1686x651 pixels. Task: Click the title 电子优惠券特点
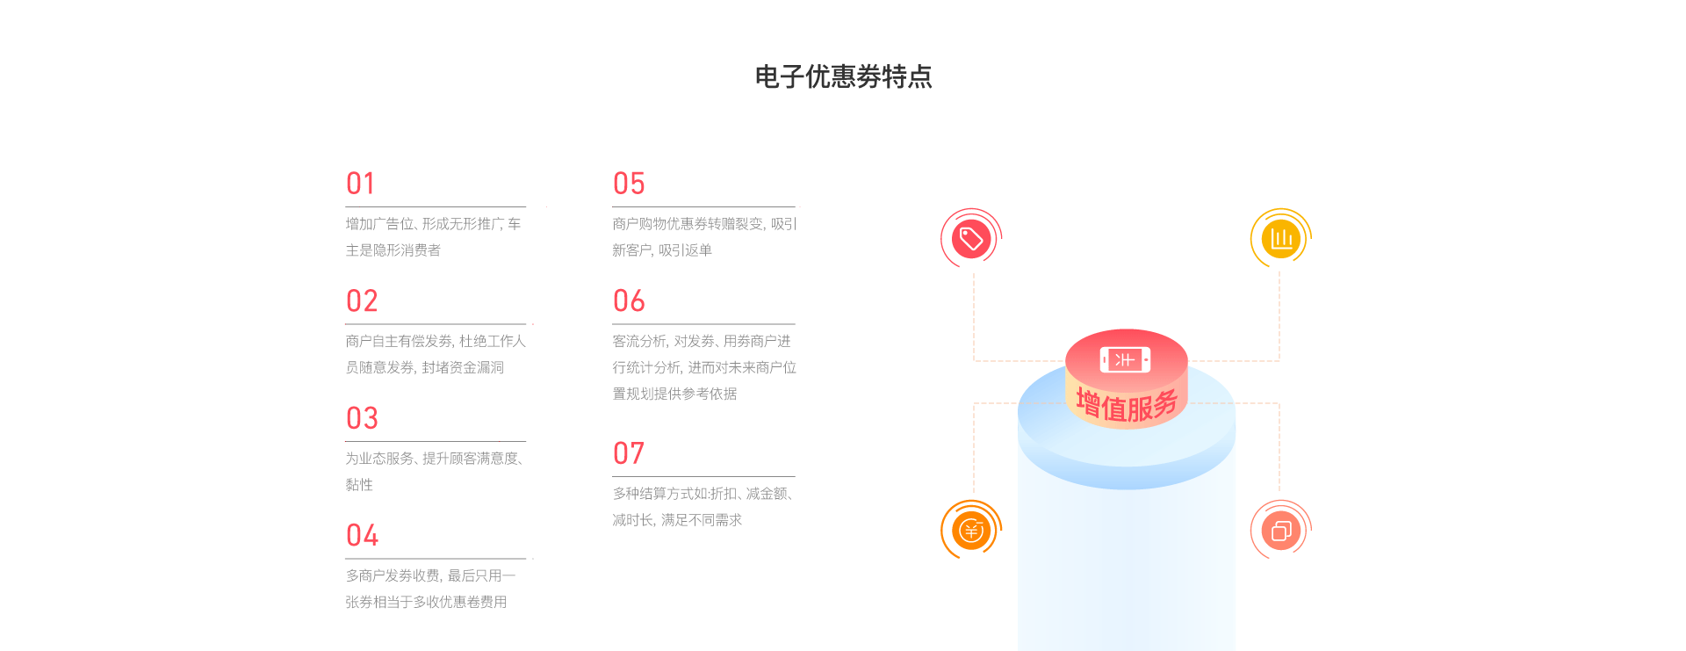843,77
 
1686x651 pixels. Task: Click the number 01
361,184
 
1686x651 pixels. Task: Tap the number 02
362,301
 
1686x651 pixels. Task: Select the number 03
362,418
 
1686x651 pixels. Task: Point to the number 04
362,535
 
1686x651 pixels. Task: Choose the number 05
629,184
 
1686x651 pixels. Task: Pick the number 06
629,301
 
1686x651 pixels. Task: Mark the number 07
629,453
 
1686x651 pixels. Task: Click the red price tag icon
971,238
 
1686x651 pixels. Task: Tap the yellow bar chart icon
1281,238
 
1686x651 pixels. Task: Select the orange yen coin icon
971,531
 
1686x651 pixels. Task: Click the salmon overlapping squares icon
1281,531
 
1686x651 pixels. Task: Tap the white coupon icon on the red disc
1125,359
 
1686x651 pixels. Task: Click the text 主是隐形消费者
393,250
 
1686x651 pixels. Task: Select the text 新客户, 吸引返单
662,250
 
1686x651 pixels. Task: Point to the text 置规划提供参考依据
674,394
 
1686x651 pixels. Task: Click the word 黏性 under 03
359,485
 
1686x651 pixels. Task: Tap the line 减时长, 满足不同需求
677,520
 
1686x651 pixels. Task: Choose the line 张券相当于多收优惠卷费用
426,602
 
